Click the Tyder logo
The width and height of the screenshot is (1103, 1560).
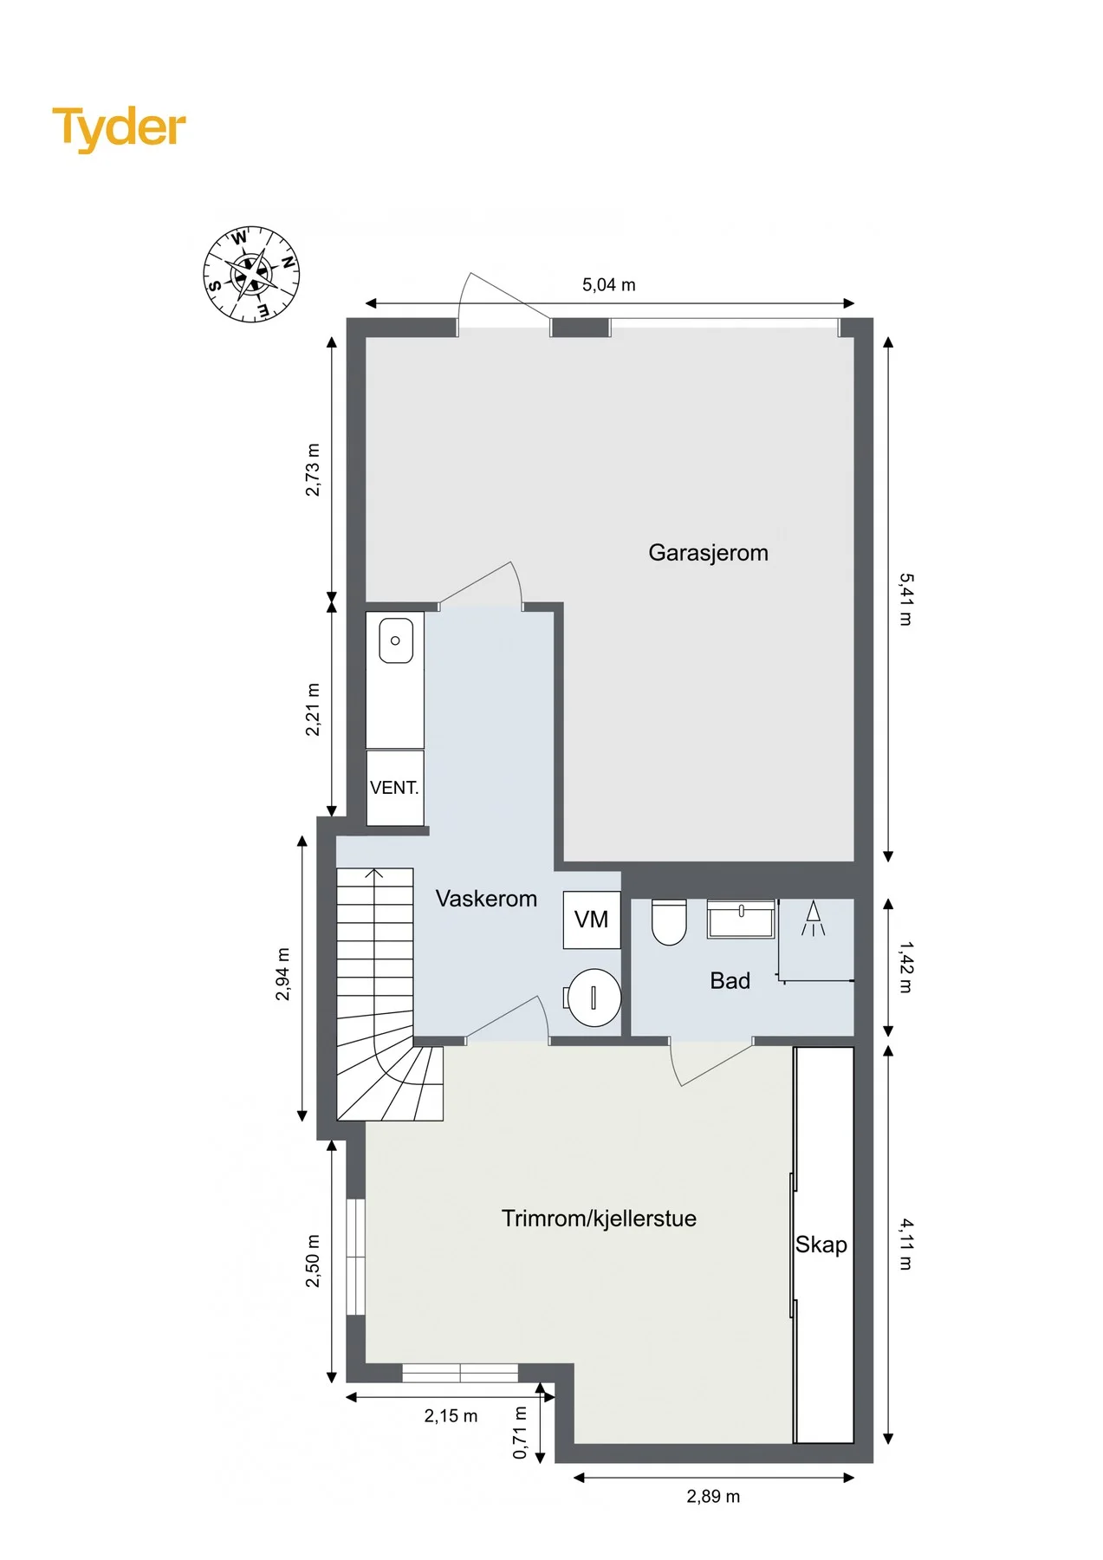[119, 128]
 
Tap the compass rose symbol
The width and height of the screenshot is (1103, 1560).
[251, 274]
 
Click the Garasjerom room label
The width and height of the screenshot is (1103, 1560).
[708, 553]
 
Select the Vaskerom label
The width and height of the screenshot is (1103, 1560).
[486, 899]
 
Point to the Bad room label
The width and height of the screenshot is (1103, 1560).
[730, 981]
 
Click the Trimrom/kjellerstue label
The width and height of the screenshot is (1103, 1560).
[599, 1219]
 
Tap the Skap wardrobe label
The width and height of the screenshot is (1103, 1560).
[821, 1245]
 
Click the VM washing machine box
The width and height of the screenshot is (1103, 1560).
[592, 920]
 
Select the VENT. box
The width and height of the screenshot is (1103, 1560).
[395, 788]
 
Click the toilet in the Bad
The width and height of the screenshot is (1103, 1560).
[669, 921]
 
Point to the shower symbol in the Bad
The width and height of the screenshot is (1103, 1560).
[813, 918]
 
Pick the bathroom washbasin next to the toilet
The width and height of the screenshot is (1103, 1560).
[742, 919]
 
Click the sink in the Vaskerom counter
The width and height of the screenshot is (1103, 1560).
[396, 640]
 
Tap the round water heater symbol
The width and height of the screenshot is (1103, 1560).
[594, 998]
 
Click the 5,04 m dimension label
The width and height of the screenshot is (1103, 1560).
[609, 284]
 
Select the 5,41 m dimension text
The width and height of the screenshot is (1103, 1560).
[905, 599]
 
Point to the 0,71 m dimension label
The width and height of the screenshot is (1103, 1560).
[520, 1432]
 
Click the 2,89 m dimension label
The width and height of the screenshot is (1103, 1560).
[713, 1496]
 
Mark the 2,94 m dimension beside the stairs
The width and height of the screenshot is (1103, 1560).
[283, 974]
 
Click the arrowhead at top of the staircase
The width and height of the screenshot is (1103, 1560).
[374, 872]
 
